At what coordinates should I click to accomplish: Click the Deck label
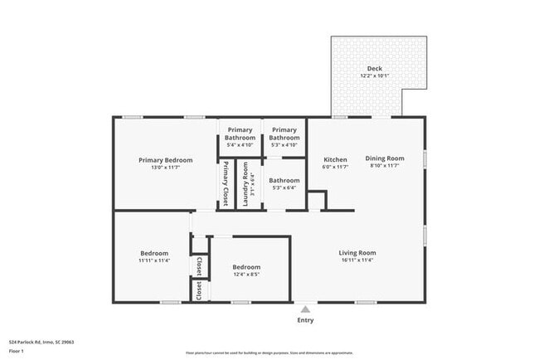pos(375,68)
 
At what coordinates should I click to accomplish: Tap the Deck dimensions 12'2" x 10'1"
pos(375,76)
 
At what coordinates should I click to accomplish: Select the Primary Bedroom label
pos(166,160)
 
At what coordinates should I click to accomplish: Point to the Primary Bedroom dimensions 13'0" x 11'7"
pos(166,168)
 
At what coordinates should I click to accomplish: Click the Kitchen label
pos(335,159)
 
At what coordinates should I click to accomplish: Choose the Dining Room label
pos(385,158)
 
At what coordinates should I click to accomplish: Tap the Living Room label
pos(357,252)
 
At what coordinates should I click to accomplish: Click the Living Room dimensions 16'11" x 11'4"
pos(357,260)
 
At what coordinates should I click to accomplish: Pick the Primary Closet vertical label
pos(226,182)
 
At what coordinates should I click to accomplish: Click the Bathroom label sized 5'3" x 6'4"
pos(284,180)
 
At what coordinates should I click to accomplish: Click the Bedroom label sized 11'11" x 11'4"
pos(154,253)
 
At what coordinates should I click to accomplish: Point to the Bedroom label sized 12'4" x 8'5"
pos(247,266)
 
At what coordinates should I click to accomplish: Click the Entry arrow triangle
pos(305,309)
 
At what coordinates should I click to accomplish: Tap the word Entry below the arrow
pos(305,320)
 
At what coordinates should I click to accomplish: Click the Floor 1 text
pos(17,351)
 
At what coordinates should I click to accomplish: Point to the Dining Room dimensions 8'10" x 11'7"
pos(385,166)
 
